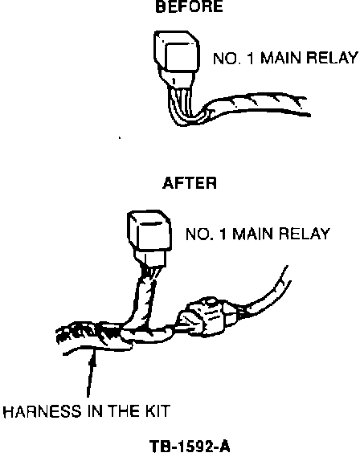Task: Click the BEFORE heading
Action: [190, 6]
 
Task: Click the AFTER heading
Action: [190, 183]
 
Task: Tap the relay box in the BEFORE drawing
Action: [177, 51]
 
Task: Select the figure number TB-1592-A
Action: [190, 447]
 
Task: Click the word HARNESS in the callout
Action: [42, 411]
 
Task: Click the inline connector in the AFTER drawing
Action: [207, 317]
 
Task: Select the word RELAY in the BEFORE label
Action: [332, 58]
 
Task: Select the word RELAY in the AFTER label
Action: [305, 234]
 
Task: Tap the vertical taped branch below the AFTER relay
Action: [145, 300]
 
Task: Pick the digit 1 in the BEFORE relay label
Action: [250, 58]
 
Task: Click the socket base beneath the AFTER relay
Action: [150, 258]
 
